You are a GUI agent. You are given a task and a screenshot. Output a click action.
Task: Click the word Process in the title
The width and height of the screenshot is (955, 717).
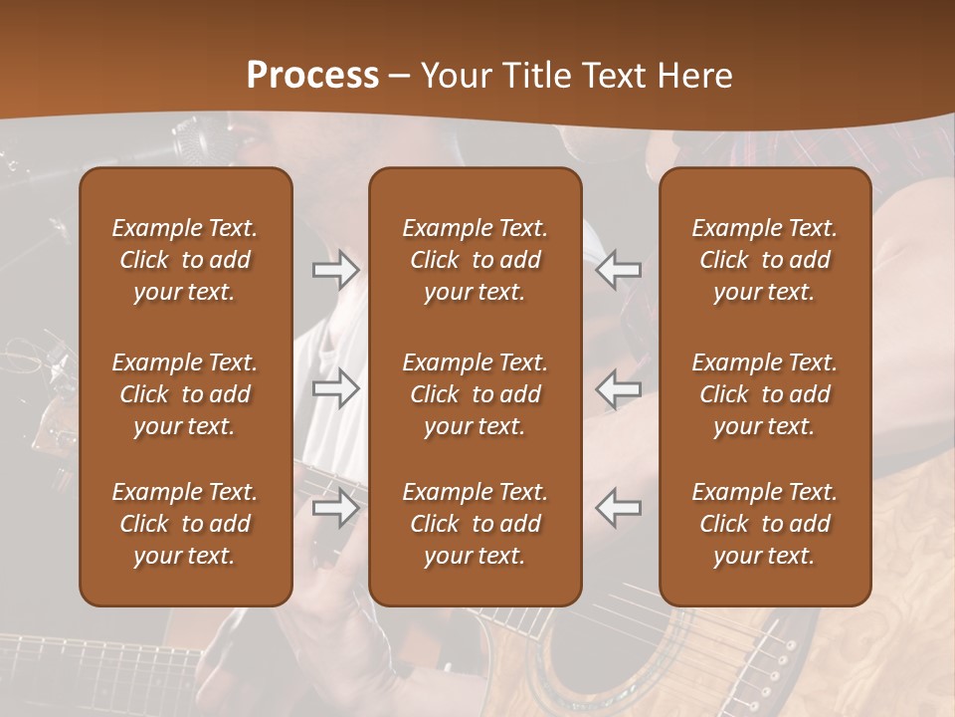(x=312, y=76)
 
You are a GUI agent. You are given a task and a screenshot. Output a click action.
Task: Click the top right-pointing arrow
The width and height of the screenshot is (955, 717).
(x=336, y=270)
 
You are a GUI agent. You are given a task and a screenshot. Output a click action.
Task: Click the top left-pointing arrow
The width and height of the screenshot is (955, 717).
(x=619, y=270)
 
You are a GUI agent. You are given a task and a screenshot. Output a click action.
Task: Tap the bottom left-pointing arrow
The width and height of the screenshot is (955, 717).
(x=619, y=508)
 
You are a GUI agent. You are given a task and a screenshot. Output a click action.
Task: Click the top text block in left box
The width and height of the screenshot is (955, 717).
(x=185, y=260)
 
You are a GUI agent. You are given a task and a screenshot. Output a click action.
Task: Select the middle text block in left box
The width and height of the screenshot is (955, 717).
(x=185, y=394)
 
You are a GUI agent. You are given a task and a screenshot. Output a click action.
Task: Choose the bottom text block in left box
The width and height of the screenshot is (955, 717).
(x=185, y=524)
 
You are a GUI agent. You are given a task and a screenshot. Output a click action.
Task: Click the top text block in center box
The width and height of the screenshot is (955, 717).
(x=476, y=260)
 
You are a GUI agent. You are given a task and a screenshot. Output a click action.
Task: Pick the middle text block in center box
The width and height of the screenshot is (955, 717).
(x=476, y=394)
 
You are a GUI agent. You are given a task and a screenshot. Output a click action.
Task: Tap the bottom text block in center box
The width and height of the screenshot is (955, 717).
(x=476, y=524)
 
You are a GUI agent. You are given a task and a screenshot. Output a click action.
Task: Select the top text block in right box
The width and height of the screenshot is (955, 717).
(x=765, y=260)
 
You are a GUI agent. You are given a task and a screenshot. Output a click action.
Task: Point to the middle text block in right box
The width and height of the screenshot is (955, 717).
(x=765, y=394)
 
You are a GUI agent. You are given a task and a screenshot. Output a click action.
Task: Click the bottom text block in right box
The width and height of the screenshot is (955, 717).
(x=765, y=524)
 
